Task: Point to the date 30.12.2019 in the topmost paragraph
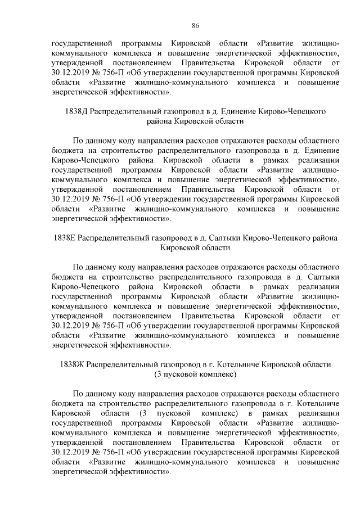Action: coord(70,73)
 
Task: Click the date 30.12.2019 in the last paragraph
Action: coord(70,452)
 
